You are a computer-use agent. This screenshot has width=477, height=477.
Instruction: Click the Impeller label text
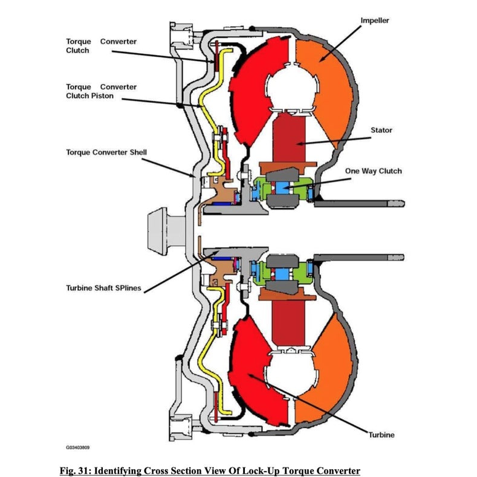pos(375,21)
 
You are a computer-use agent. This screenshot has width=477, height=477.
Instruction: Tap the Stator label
pos(380,130)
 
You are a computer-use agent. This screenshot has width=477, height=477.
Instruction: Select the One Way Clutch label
pos(373,171)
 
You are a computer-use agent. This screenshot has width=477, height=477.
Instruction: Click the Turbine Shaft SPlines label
pos(103,288)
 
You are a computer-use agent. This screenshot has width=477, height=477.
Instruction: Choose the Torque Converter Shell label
pos(106,152)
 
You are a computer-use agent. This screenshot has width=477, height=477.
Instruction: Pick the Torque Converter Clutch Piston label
pos(101,91)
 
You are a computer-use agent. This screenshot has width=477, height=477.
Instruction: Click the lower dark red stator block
pos(289,320)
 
